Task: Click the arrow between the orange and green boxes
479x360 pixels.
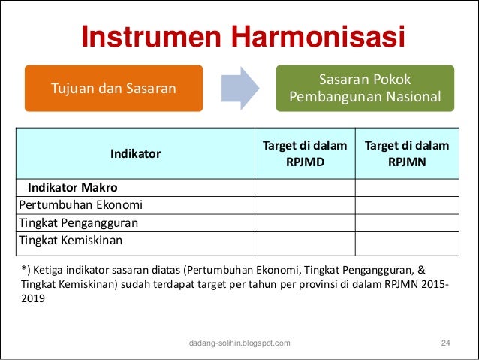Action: (239, 89)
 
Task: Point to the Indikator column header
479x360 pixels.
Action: (135, 153)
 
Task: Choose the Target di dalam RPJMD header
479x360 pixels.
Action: (304, 153)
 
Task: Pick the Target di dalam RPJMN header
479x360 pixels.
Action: (406, 153)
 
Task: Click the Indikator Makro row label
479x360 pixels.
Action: (73, 187)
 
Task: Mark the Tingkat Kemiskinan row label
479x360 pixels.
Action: (71, 241)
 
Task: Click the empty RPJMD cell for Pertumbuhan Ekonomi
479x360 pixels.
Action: (304, 205)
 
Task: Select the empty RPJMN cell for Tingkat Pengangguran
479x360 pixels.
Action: (406, 223)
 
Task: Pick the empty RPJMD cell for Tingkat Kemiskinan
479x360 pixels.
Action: (304, 243)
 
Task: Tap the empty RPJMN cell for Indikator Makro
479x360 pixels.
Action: (406, 187)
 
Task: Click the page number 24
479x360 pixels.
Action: (445, 343)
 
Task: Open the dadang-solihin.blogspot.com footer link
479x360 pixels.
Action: (239, 343)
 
